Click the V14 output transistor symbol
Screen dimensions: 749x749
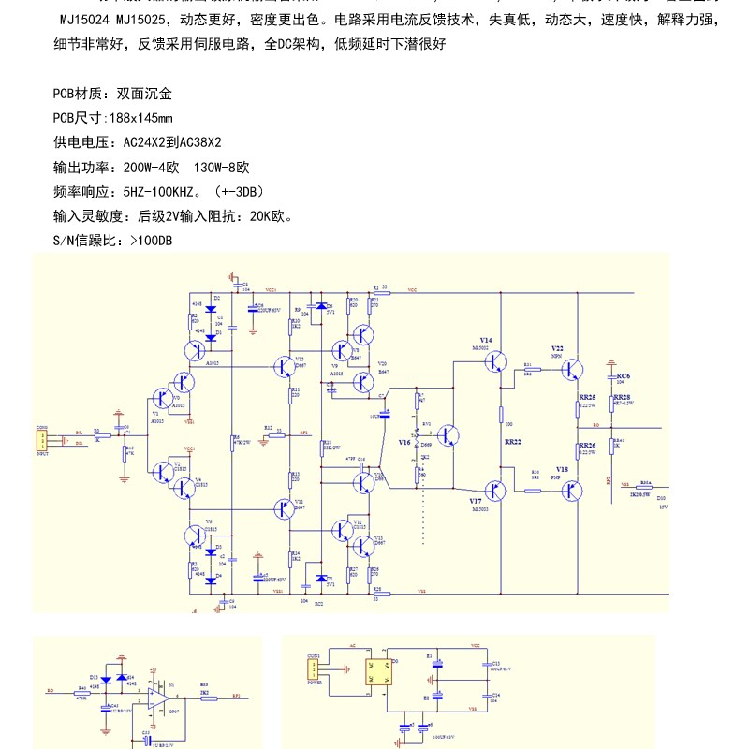[x=495, y=361]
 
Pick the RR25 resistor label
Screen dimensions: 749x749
[x=587, y=397]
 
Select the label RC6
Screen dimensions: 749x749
[x=623, y=374]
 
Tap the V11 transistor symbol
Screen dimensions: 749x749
[x=285, y=508]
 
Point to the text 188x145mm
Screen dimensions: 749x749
[x=140, y=118]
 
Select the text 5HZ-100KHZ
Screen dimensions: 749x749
[x=162, y=192]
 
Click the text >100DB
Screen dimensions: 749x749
[x=150, y=241]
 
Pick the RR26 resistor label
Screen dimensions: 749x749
[x=587, y=445]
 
